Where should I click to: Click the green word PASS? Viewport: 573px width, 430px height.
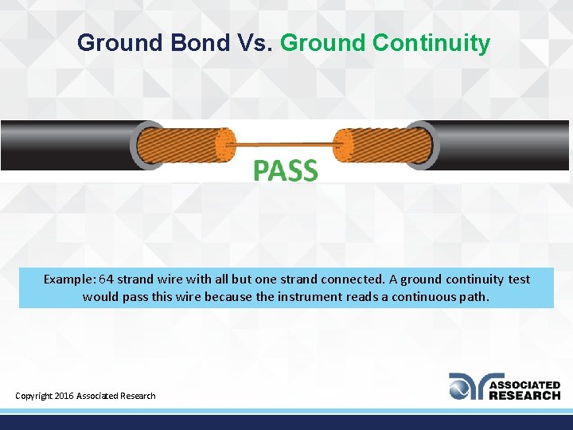(286, 170)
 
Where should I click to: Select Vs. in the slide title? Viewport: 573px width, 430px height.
(254, 43)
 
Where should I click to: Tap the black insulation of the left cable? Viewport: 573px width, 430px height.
(64, 146)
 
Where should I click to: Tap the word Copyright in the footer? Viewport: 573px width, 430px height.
(34, 396)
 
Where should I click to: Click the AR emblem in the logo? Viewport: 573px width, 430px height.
(466, 386)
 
